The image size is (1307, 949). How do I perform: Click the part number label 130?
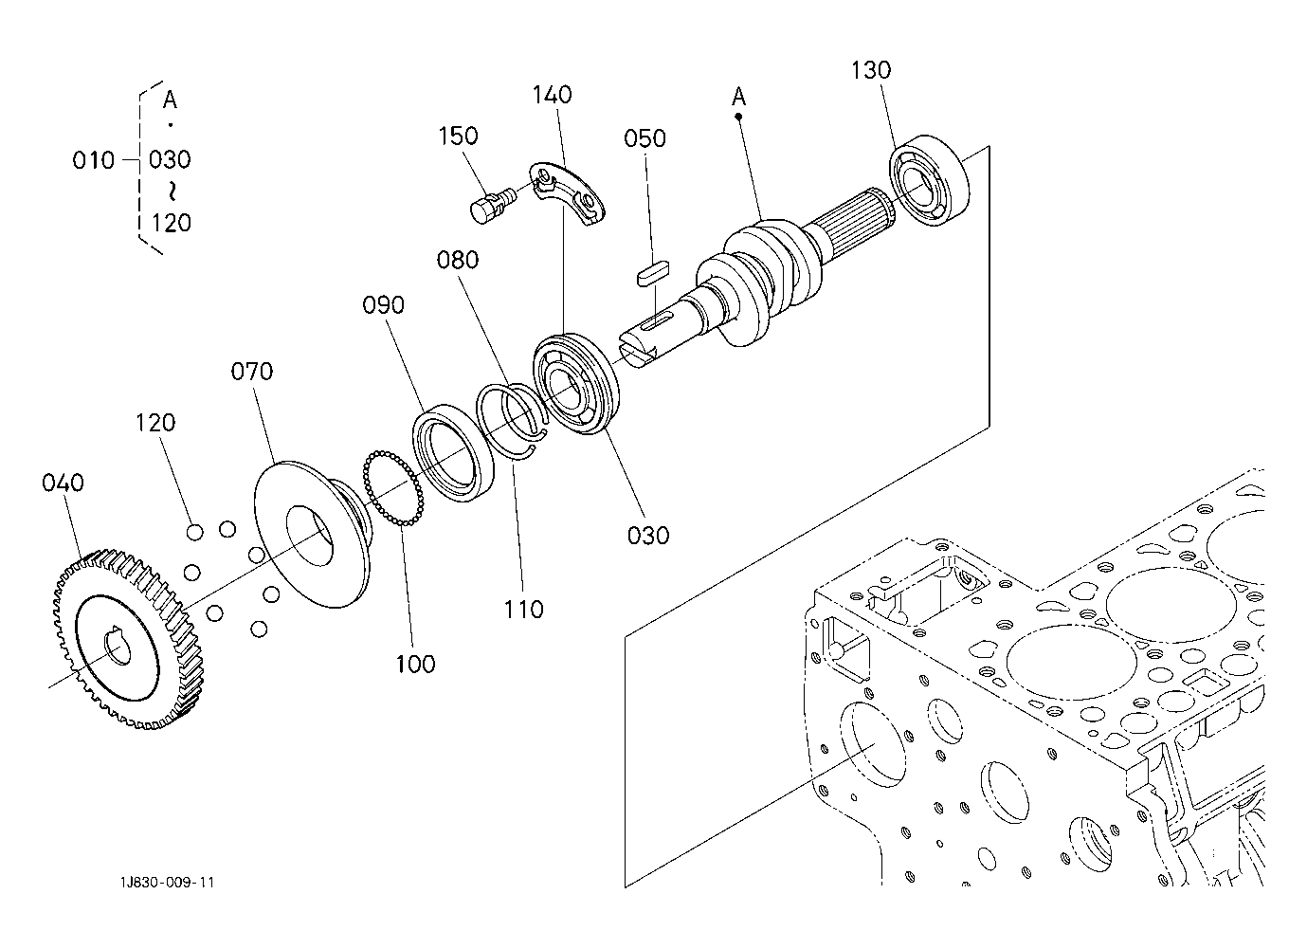[871, 70]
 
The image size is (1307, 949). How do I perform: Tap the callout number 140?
[552, 95]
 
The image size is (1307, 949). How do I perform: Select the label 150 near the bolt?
[458, 136]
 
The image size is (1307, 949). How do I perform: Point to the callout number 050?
[644, 138]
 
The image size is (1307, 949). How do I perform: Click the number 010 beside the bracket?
[93, 160]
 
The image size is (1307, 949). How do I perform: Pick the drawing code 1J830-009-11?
[168, 883]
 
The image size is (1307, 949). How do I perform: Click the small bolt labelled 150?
[491, 204]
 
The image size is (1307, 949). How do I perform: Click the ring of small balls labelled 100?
[393, 488]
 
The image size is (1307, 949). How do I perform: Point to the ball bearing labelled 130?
[929, 180]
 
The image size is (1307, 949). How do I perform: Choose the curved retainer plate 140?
[567, 193]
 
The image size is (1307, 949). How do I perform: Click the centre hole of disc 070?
[309, 536]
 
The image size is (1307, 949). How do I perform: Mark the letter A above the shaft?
[738, 97]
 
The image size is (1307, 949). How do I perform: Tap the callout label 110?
[523, 610]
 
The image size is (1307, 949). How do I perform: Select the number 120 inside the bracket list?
[172, 223]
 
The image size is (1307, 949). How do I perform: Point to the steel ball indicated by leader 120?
[195, 532]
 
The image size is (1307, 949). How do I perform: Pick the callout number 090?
[383, 305]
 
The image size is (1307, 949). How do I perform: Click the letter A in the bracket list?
[170, 100]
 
